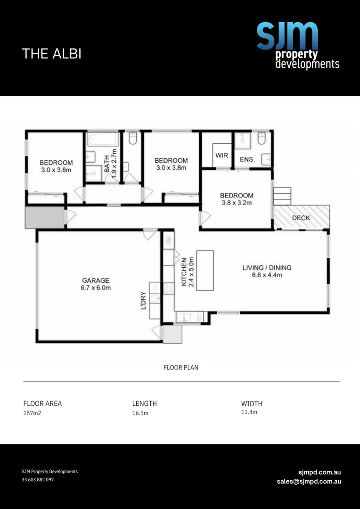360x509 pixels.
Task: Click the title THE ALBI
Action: (x=51, y=54)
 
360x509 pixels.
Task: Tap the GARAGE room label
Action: (x=96, y=280)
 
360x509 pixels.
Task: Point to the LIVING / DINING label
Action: (x=267, y=268)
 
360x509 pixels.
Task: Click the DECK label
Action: (x=301, y=218)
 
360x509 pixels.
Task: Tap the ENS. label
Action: (x=247, y=160)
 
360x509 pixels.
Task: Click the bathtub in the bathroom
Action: (x=102, y=140)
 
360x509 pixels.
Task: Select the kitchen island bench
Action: (x=205, y=271)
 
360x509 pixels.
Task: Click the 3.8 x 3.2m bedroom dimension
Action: (x=237, y=203)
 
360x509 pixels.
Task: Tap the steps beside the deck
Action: (x=282, y=196)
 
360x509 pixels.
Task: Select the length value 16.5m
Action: (x=140, y=413)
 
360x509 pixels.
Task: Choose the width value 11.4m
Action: (x=249, y=412)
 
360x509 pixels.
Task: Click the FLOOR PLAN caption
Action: (x=181, y=368)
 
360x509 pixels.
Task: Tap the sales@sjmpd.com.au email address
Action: (x=309, y=481)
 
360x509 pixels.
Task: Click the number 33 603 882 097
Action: (x=38, y=480)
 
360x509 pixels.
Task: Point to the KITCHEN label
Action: (x=184, y=272)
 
